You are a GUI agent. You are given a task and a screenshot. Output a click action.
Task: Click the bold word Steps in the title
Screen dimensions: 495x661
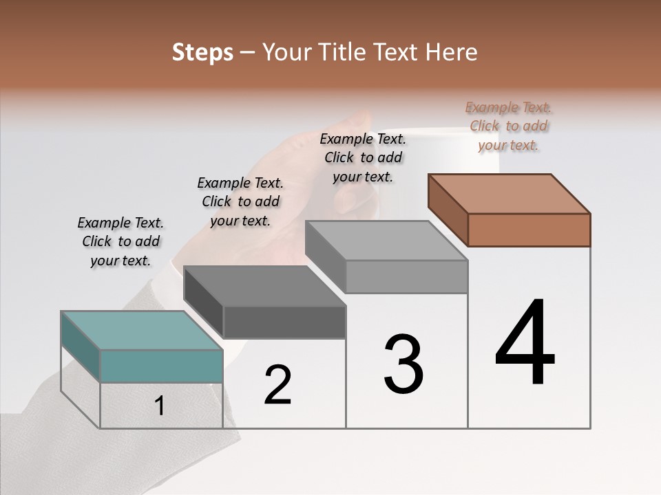pos(202,52)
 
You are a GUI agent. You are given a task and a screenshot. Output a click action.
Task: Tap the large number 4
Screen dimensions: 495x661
pos(525,344)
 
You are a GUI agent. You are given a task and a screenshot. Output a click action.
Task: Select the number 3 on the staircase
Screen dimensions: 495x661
pos(403,364)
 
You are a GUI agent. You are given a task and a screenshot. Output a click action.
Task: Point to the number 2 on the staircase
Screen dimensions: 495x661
pos(278,385)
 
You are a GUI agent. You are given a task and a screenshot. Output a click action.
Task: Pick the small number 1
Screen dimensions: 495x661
pos(160,406)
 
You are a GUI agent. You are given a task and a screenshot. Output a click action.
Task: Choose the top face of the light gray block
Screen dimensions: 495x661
pos(386,240)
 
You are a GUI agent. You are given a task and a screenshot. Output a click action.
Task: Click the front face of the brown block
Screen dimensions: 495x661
pos(529,230)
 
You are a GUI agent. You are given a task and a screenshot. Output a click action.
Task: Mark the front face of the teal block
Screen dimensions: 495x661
pos(161,366)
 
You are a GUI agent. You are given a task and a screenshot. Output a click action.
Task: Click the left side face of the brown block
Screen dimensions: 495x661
pos(448,210)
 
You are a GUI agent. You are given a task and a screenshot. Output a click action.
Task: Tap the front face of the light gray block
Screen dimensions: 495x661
pos(406,276)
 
